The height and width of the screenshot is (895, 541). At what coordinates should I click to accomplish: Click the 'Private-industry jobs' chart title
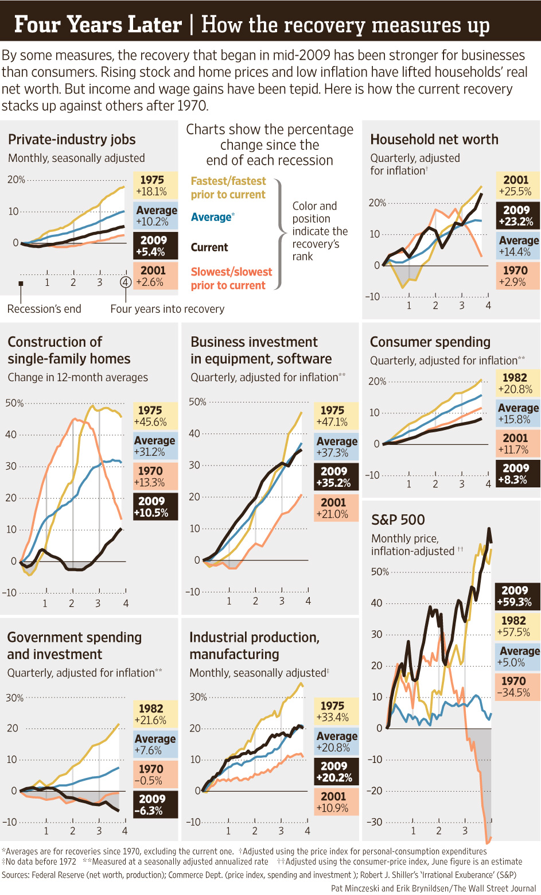(x=72, y=140)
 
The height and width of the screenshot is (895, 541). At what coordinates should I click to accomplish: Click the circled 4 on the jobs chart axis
(x=126, y=282)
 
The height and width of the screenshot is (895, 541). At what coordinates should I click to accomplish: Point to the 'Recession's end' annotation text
(x=44, y=309)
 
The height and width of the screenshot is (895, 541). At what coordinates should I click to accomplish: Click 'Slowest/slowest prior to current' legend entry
(x=231, y=278)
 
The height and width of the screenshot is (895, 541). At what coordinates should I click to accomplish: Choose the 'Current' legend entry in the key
(x=209, y=247)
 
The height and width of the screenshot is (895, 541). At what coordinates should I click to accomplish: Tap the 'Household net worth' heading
(x=434, y=140)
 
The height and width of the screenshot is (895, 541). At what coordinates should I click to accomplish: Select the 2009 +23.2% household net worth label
(x=517, y=216)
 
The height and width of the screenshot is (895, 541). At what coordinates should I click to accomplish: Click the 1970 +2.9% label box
(x=517, y=276)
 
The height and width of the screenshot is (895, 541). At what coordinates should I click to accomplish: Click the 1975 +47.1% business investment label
(x=336, y=416)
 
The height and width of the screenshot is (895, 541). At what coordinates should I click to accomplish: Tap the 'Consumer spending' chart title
(x=430, y=342)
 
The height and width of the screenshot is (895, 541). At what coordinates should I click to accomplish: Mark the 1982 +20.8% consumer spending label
(x=517, y=383)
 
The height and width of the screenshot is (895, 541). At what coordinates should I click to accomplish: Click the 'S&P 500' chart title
(x=398, y=520)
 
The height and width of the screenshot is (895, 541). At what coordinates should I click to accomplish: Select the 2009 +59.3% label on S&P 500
(x=516, y=596)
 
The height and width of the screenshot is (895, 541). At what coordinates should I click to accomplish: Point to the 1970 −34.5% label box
(x=516, y=687)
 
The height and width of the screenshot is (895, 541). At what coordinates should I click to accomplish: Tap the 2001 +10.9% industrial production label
(x=336, y=802)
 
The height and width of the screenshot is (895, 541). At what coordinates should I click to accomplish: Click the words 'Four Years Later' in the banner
(x=98, y=25)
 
